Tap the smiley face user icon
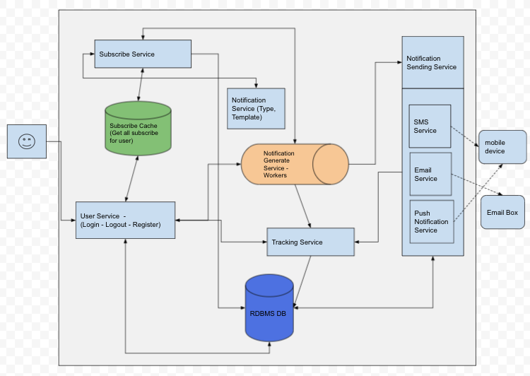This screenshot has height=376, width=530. (27, 141)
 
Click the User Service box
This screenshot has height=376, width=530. (125, 220)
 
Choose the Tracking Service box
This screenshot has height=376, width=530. (310, 242)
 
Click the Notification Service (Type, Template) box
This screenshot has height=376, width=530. (256, 108)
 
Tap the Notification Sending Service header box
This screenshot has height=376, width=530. (432, 62)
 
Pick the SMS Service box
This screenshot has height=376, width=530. (430, 126)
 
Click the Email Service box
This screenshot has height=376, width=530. (430, 174)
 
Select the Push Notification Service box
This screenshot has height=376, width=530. (430, 221)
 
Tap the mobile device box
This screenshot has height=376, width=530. (502, 147)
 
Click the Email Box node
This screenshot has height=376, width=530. (502, 213)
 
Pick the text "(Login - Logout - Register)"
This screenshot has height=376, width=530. (120, 225)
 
